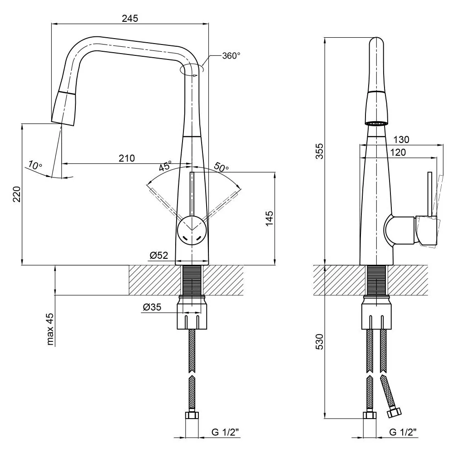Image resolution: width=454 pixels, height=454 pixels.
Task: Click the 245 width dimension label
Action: pyautogui.click(x=130, y=18)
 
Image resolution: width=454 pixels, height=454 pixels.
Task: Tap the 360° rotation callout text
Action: pyautogui.click(x=231, y=55)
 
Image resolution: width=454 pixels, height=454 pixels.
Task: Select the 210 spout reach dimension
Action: pyautogui.click(x=127, y=158)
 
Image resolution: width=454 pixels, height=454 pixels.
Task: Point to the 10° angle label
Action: pyautogui.click(x=35, y=165)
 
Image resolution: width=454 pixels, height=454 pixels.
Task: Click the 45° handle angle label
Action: pyautogui.click(x=165, y=166)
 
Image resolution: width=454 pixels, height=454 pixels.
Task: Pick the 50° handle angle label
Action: pyautogui.click(x=221, y=167)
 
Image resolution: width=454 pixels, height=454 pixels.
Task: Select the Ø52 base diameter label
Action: pyautogui.click(x=159, y=255)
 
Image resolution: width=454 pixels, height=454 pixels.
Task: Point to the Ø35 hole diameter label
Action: pyautogui.click(x=152, y=307)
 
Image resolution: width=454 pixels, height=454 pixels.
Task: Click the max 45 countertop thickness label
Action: pyautogui.click(x=50, y=329)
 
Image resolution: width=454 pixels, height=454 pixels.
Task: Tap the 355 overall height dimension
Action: pyautogui.click(x=319, y=151)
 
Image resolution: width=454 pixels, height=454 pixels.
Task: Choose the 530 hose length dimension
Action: pyautogui.click(x=319, y=342)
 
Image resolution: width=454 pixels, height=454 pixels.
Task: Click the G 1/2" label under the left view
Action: pyautogui.click(x=225, y=432)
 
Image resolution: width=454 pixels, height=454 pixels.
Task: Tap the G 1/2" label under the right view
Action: pyautogui.click(x=403, y=432)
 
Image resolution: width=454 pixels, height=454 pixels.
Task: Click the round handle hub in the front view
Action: pyautogui.click(x=192, y=231)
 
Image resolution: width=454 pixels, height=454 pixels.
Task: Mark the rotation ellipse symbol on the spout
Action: pyautogui.click(x=192, y=70)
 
